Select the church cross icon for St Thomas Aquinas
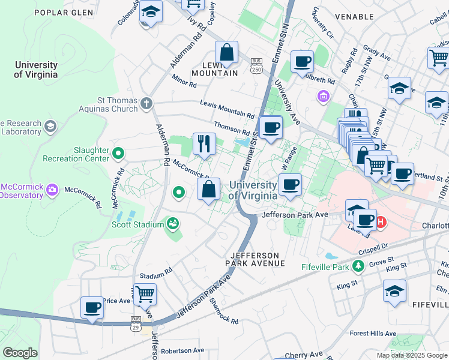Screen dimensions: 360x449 [146, 104]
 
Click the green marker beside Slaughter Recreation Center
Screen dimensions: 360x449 [118, 154]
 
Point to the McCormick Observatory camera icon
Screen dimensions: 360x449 [52, 190]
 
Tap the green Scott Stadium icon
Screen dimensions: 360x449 [173, 224]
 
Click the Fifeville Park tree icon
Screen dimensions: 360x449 [358, 265]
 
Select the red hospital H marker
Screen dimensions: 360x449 [381, 223]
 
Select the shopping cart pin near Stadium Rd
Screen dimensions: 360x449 [145, 295]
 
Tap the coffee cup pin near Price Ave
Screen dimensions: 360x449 [92, 308]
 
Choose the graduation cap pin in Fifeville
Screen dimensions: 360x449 [394, 291]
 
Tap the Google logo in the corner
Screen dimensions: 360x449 [20, 353]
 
